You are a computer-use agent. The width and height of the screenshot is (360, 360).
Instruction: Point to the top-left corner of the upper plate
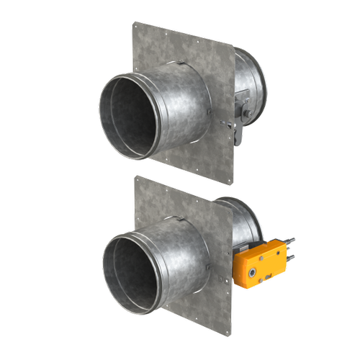(133, 23)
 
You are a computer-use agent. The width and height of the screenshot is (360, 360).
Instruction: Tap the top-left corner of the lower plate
(135, 177)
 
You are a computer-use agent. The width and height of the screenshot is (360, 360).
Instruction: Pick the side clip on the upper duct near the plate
(209, 116)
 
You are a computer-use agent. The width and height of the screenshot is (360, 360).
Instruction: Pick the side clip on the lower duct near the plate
(210, 271)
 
